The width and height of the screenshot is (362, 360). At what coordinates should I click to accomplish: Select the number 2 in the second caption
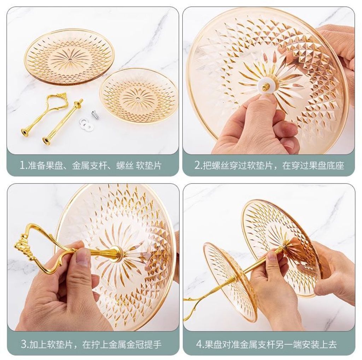(198, 166)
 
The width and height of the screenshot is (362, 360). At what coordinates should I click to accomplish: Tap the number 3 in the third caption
(24, 344)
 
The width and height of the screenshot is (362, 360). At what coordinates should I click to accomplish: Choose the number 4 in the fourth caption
(199, 344)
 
